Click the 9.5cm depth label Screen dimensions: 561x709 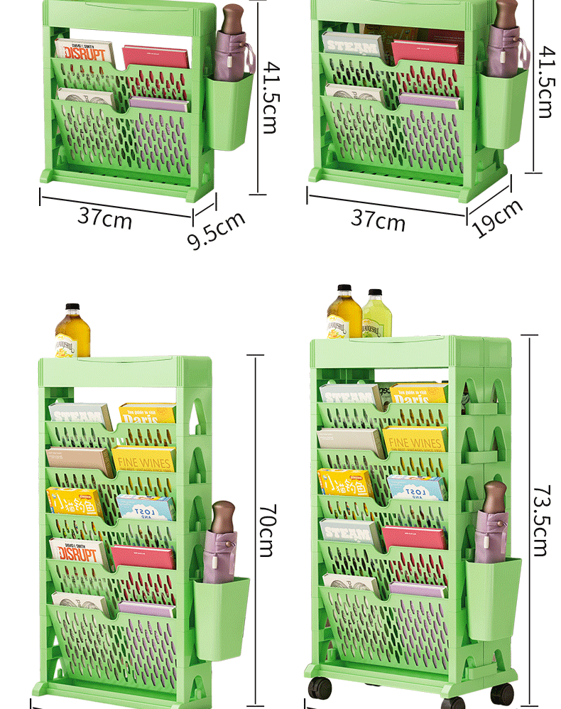tap(216, 229)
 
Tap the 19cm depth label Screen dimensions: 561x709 tap(497, 217)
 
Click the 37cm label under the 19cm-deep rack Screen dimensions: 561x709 tap(378, 220)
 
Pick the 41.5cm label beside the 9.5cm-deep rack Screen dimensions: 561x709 tap(271, 97)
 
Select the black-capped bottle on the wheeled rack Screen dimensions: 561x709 tap(344, 312)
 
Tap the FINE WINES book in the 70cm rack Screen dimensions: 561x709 tap(143, 460)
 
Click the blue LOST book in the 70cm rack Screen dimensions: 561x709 tap(146, 507)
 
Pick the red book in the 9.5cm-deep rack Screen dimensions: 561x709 tap(156, 58)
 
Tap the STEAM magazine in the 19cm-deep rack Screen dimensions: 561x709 tap(352, 47)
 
